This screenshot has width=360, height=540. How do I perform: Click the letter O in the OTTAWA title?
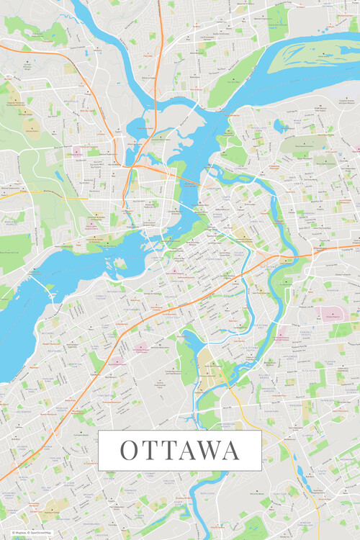point(129,451)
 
